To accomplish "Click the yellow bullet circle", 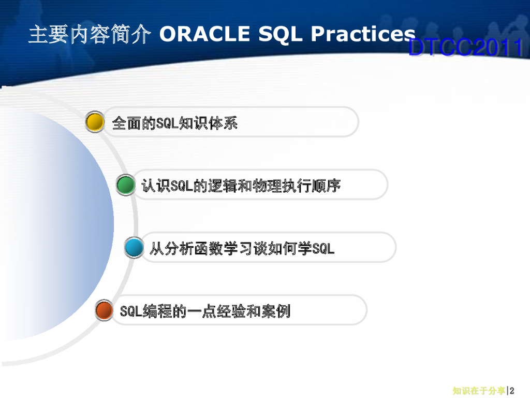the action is pos(95,121).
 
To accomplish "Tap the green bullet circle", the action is pos(126,184).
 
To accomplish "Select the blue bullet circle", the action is pos(134,247).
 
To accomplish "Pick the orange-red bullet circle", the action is pos(104,310).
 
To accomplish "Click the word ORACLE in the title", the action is pos(204,34).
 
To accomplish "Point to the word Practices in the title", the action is pos(363,34).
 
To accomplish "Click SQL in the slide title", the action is pos(280,35).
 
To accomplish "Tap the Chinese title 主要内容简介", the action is pos(90,34).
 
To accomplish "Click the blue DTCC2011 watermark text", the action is pos(466,47).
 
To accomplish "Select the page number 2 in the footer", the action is pos(512,391).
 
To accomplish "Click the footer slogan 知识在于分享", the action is pos(479,391).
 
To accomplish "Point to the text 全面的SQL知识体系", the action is pos(175,123).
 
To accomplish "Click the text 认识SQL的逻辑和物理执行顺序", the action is pos(241,186).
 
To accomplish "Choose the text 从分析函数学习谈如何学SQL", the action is pos(242,248).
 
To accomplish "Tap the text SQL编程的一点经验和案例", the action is pos(205,311).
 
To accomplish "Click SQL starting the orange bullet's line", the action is pos(131,311).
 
